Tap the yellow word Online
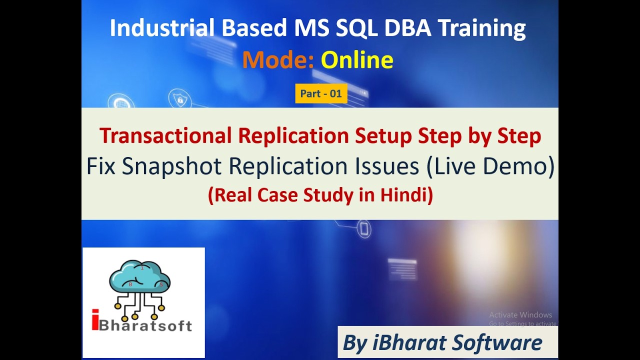(357, 60)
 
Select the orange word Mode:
(278, 60)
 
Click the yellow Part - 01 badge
(321, 93)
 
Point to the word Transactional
(165, 136)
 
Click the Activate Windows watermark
(520, 315)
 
